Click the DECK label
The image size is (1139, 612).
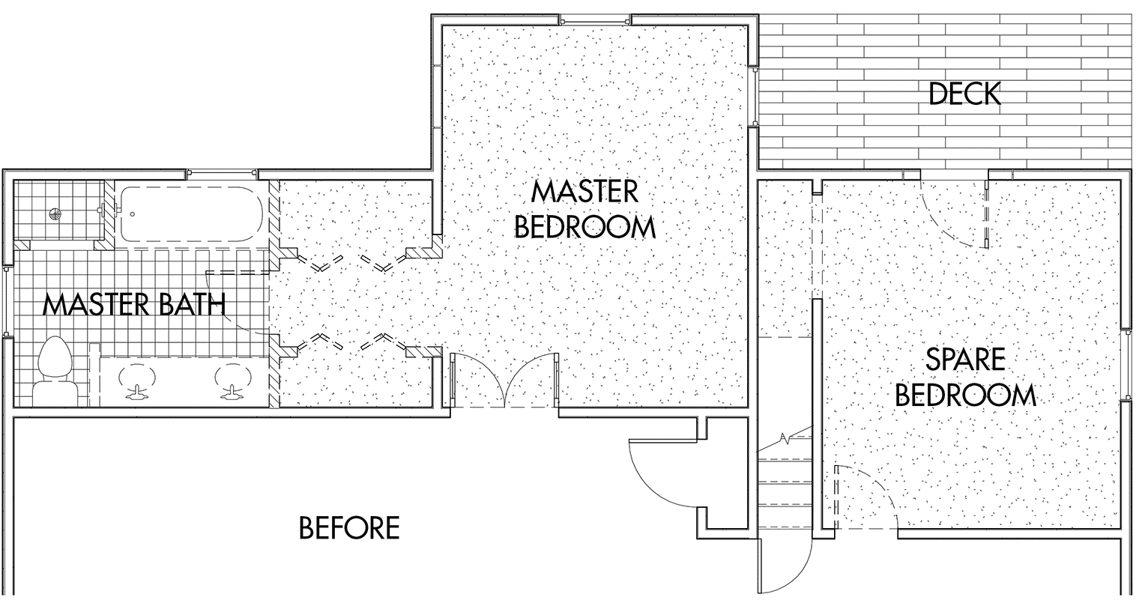[964, 94]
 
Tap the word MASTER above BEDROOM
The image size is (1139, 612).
[584, 192]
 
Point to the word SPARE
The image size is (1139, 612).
[965, 360]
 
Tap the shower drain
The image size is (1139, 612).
[55, 214]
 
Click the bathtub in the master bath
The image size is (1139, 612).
[192, 214]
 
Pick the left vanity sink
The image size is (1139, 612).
[136, 381]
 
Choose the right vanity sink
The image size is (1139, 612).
[232, 381]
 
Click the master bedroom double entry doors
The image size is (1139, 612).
[504, 379]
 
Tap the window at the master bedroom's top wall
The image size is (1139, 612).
[596, 20]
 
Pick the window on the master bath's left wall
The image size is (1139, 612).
[7, 300]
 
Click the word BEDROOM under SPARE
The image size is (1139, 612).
[965, 396]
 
